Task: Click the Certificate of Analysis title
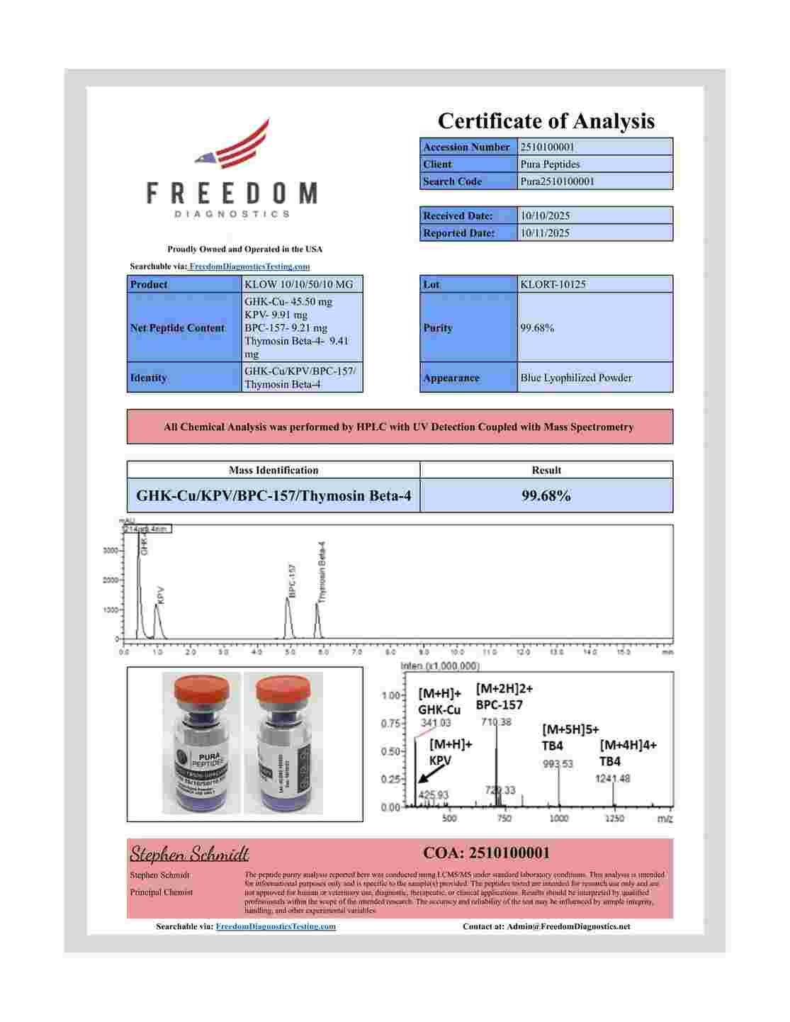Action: coord(546,120)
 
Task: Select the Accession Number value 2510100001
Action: coord(547,147)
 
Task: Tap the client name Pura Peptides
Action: coord(550,164)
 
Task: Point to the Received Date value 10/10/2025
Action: coord(545,215)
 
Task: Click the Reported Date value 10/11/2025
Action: coord(545,232)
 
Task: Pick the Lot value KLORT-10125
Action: coord(553,284)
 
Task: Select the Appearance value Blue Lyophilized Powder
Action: coord(575,378)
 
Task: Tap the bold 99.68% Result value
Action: coord(546,495)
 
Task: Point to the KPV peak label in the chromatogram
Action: coord(161,594)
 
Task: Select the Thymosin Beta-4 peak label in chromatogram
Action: coord(322,571)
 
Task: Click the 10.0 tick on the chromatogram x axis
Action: coord(457,651)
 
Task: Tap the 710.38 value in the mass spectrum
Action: coord(496,721)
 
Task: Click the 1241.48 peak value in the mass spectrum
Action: coord(613,778)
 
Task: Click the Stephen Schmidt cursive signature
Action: coord(189,853)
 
